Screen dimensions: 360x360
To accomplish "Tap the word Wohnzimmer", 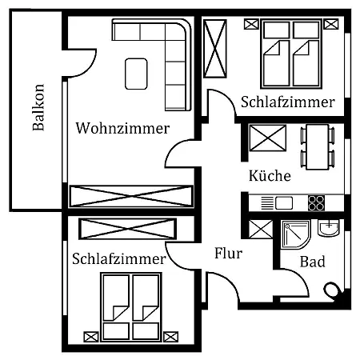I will (122, 128).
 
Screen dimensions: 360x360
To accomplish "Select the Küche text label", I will (269, 175).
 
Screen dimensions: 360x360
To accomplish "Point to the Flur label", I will (228, 254).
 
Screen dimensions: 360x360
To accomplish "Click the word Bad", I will (312, 262).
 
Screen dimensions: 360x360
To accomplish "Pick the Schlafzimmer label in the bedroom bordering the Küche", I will (287, 102).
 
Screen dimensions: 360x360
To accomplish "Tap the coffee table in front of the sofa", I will (136, 73).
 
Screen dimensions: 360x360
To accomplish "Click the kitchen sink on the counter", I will (284, 202).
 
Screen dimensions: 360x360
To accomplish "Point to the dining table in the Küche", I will (318, 146).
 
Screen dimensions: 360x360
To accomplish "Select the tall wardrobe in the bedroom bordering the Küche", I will (216, 49).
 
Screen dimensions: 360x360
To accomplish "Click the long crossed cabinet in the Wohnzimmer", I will (131, 196).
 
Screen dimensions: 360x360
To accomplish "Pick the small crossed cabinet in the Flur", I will (261, 230).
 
